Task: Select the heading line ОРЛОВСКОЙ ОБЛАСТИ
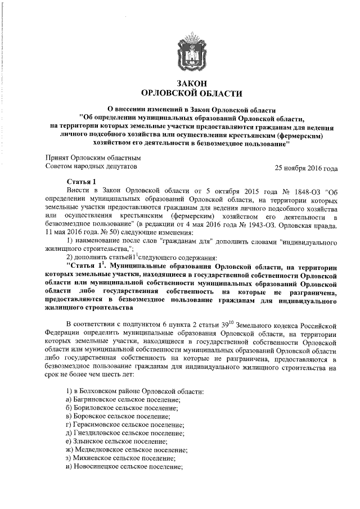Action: (192, 93)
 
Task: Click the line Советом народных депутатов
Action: (90, 166)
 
